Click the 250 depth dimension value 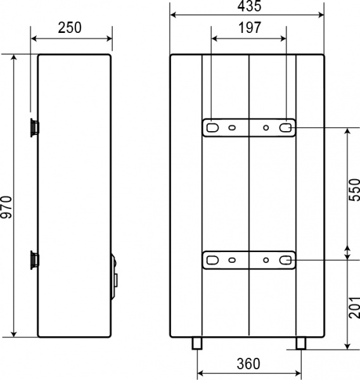pyautogui.click(x=71, y=28)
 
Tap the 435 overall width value pyautogui.click(x=248, y=6)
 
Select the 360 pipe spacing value pyautogui.click(x=248, y=364)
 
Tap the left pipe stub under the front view pyautogui.click(x=197, y=343)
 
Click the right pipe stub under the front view pyautogui.click(x=299, y=343)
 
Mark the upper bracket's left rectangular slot pyautogui.click(x=211, y=127)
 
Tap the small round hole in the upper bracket pyautogui.click(x=266, y=127)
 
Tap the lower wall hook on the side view pyautogui.click(x=33, y=259)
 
